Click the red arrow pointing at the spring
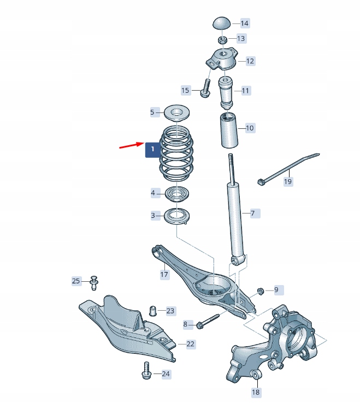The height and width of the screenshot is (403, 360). coord(131,146)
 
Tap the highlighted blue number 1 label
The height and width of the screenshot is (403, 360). coord(152,149)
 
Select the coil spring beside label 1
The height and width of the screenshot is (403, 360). coord(176,154)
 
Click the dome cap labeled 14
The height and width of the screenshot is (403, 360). coord(221,24)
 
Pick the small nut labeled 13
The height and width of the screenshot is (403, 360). coord(222,39)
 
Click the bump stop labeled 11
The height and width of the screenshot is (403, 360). coord(227,92)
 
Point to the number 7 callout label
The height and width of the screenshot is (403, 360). coord(252,213)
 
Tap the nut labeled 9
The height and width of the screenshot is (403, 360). coord(261,290)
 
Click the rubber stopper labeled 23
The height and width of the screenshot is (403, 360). coord(154,311)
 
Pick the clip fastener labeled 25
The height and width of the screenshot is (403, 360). coord(93,281)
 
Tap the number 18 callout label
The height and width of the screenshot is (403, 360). coord(256,392)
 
